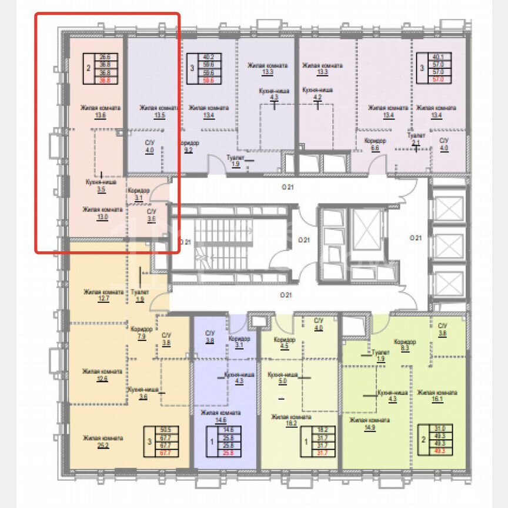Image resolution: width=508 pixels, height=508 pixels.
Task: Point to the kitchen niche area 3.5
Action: (102, 190)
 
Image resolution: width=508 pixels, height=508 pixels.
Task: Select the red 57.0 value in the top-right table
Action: (437, 78)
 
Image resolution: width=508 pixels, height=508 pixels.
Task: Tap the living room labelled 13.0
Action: (103, 216)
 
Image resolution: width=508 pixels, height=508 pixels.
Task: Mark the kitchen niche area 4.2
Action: (317, 98)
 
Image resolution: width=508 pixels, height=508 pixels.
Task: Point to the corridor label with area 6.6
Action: (375, 148)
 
